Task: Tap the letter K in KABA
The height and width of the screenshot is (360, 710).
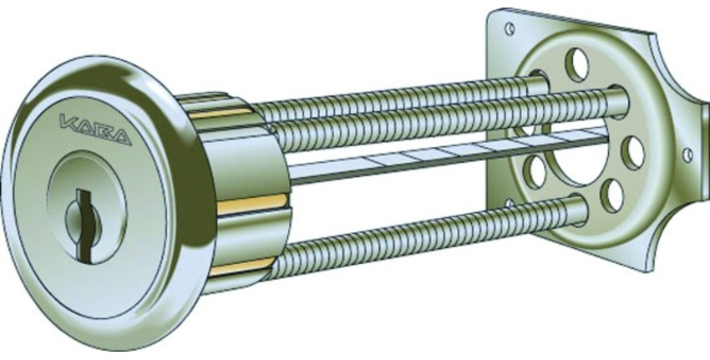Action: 68,126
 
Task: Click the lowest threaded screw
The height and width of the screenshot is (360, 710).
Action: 418,237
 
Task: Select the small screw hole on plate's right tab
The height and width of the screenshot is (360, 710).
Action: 687,155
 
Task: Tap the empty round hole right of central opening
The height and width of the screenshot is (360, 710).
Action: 633,151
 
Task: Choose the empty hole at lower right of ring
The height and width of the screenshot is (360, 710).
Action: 613,195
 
